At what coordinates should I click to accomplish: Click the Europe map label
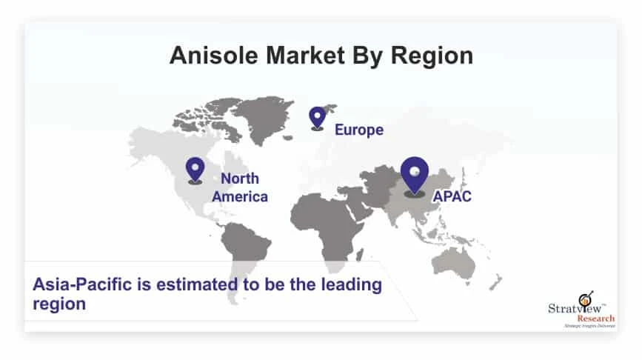tap(358, 130)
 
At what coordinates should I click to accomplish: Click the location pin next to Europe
tap(317, 118)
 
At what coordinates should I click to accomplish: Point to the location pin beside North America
tap(195, 170)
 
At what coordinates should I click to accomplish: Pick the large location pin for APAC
tap(414, 176)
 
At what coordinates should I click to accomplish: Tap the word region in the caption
tap(58, 303)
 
